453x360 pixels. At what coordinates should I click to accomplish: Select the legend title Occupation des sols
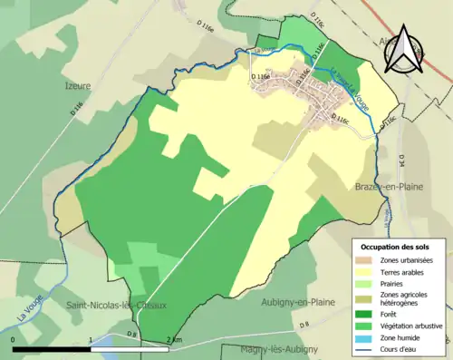[x=397, y=247]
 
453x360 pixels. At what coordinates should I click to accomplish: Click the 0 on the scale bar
[x=14, y=339]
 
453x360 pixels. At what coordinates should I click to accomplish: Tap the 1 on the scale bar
[x=92, y=339]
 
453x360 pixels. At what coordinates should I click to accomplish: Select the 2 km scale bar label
[x=174, y=339]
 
